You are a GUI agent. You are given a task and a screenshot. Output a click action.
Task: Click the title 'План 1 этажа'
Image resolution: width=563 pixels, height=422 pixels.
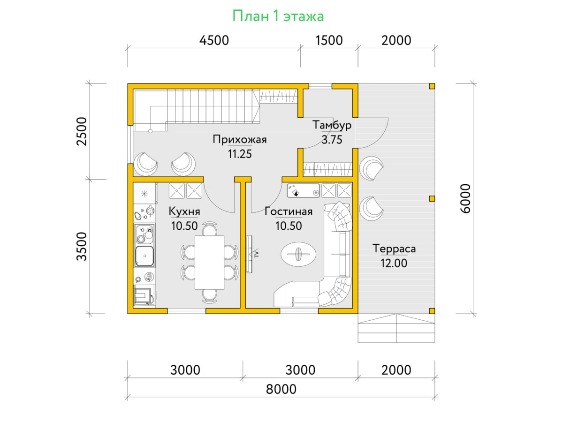point(278,16)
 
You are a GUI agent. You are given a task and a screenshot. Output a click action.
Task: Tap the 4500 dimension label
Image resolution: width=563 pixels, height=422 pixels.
point(214,40)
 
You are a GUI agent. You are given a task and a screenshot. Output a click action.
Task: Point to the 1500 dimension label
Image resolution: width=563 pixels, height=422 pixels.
point(329,40)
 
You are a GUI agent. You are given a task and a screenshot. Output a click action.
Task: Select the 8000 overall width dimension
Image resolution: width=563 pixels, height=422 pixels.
point(281,389)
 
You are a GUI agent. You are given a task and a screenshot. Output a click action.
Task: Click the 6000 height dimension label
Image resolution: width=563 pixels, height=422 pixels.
point(465,198)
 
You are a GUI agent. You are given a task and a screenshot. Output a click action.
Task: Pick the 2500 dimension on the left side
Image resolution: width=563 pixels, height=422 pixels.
point(82,131)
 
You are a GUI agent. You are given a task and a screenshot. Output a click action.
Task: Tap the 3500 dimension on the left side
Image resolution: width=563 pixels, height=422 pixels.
point(82,246)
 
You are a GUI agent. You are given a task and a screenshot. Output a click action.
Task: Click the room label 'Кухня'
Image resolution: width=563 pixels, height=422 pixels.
point(184,211)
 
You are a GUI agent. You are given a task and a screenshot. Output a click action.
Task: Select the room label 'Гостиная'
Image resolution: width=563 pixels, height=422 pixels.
point(289,211)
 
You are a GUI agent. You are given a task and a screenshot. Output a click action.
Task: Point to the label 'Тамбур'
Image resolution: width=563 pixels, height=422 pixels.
point(332,125)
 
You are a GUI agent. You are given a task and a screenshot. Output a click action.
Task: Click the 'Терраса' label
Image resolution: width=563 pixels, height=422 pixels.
point(394,249)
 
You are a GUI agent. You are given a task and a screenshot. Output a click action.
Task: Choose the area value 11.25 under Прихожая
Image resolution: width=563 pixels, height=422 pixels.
point(240,154)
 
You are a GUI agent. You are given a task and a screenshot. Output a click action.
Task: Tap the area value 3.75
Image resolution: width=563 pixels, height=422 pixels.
point(332,140)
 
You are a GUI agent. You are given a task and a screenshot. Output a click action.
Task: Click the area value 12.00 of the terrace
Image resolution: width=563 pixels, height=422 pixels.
point(394,264)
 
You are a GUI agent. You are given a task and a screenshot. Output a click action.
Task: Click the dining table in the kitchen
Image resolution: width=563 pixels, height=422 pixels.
point(209,263)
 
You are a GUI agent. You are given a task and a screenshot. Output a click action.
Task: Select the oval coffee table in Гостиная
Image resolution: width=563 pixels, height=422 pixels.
point(298,255)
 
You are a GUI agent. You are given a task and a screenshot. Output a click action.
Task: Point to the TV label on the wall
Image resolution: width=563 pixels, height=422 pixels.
point(257,254)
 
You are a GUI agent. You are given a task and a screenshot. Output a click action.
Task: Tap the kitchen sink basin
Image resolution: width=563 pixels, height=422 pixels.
point(145,256)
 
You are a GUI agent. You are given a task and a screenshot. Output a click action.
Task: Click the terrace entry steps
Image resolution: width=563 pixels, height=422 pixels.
point(396,328)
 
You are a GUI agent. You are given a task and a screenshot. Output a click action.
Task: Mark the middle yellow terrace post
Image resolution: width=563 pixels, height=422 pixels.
point(432,198)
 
